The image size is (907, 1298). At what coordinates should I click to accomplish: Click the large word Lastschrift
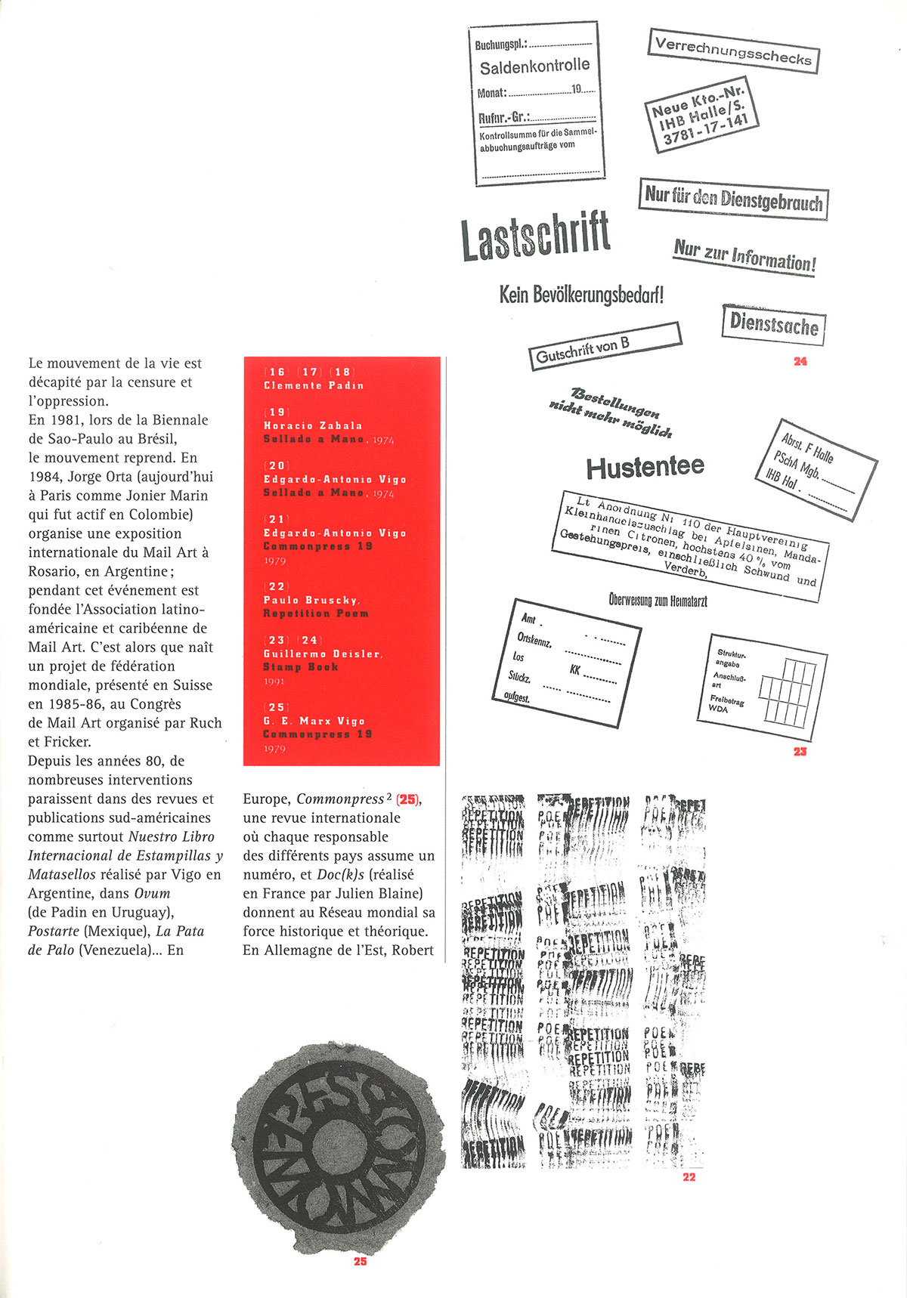535,236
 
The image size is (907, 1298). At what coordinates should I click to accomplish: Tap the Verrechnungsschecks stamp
733,51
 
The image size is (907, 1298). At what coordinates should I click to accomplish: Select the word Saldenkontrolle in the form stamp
534,67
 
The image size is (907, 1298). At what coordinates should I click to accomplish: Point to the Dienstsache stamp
773,325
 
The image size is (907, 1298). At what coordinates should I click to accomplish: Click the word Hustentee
645,468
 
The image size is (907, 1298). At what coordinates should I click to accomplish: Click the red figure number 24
800,362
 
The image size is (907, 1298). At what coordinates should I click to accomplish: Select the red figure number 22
689,1177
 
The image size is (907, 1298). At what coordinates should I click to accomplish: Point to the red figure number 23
800,752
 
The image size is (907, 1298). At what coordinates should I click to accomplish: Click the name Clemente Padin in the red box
314,386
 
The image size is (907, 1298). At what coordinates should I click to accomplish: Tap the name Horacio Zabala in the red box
313,426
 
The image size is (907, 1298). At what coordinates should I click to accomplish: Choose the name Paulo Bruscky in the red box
311,600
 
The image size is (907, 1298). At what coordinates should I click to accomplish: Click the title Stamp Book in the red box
301,667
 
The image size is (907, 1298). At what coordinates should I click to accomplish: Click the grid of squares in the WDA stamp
787,690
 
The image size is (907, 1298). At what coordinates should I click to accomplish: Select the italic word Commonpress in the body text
340,799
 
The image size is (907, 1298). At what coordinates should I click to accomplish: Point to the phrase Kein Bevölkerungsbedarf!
581,295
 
